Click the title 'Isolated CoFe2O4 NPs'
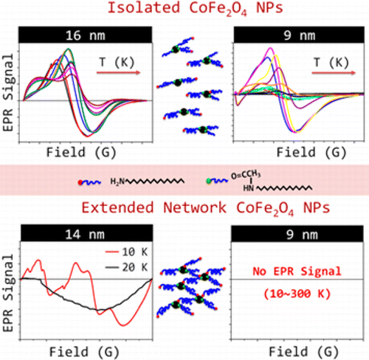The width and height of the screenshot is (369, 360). click(x=184, y=10)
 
